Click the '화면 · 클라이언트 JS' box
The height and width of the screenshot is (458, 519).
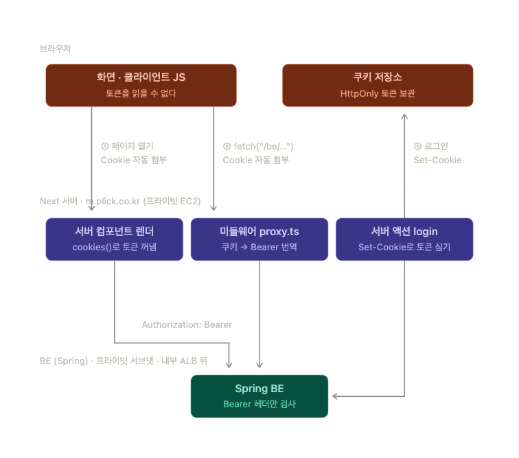coord(141,85)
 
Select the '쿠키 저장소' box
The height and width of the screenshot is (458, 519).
coord(378,85)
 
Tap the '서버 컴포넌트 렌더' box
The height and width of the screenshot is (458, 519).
coord(114,239)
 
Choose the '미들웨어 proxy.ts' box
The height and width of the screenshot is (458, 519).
coord(259,239)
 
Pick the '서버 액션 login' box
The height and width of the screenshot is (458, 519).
coord(404,239)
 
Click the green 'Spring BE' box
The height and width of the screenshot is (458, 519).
coord(259,396)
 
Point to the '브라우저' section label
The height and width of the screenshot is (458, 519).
coord(55,49)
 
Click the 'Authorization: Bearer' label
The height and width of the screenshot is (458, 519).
coord(187,324)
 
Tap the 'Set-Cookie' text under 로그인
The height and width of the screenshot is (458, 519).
coord(437,160)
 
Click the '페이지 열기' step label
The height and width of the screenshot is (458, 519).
coord(132,146)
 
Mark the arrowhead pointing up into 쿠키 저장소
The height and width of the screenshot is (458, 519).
coord(404,116)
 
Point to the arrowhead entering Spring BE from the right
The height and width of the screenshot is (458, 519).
coord(334,396)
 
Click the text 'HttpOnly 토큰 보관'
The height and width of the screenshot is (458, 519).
coord(378,93)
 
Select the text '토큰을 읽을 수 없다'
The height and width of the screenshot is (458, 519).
coord(141,93)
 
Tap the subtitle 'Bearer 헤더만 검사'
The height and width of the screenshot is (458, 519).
coord(259,404)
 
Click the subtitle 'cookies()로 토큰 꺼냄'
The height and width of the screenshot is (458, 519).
coord(114,247)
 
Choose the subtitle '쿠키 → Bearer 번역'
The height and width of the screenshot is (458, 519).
coord(259,247)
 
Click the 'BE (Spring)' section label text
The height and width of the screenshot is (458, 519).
coord(64,361)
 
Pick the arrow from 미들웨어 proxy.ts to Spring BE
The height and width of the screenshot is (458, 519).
coord(259,314)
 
